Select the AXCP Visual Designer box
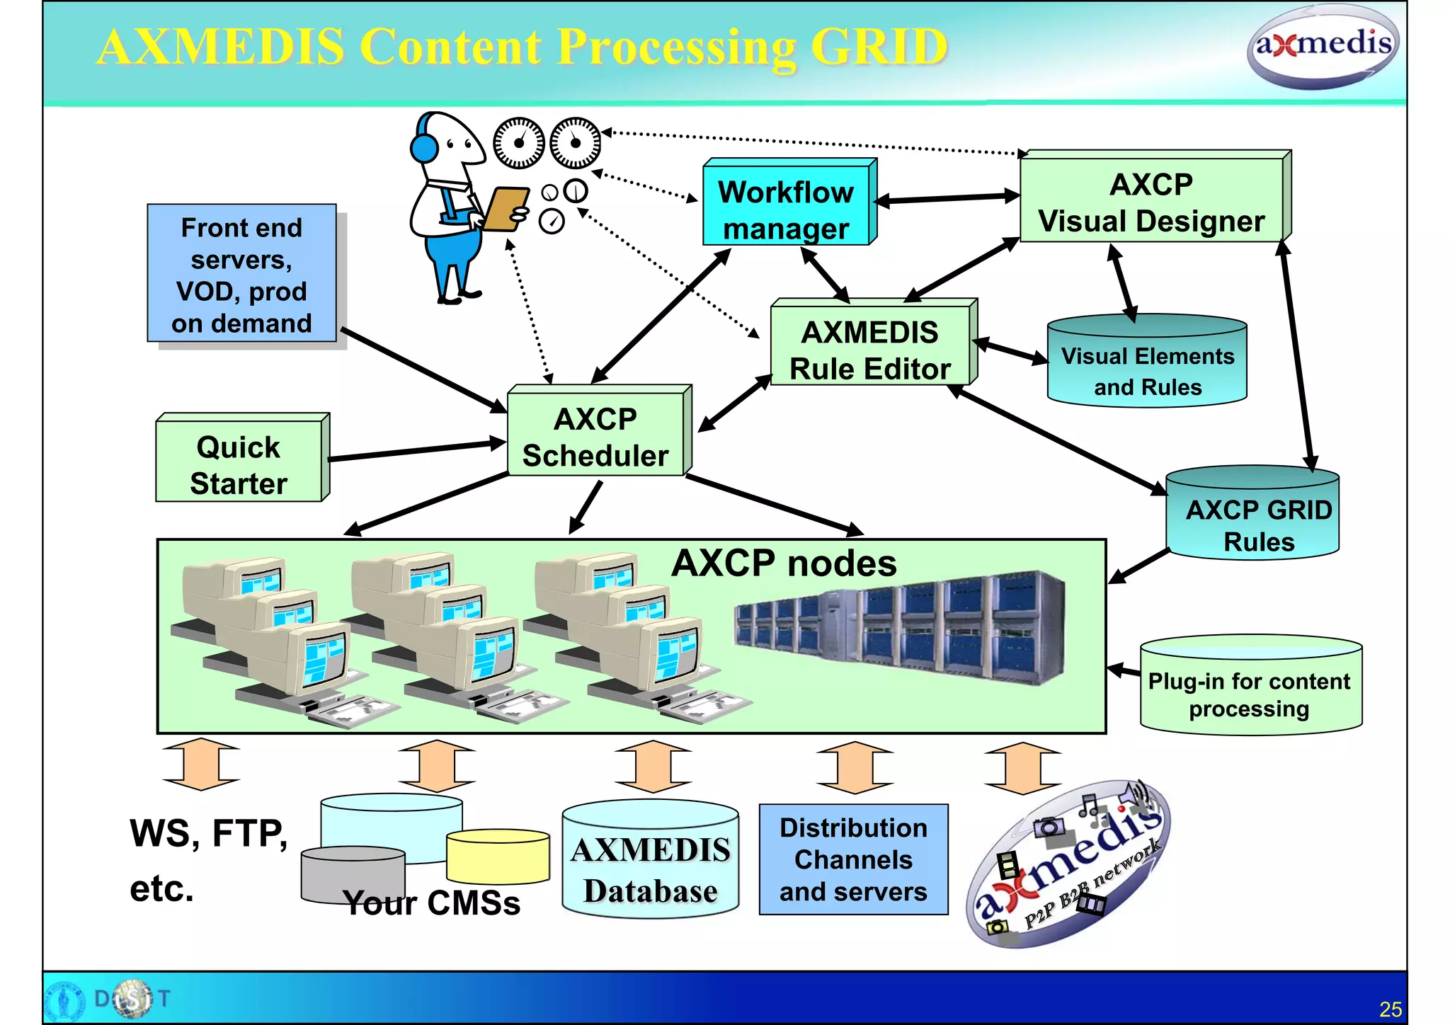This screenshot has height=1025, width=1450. (x=1151, y=202)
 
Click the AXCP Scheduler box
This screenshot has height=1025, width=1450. (x=595, y=435)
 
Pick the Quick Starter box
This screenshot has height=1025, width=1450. (x=239, y=463)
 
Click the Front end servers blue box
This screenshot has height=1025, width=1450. (x=241, y=274)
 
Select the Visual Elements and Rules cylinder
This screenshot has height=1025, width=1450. (x=1147, y=365)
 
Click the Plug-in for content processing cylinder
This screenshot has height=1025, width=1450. (x=1250, y=690)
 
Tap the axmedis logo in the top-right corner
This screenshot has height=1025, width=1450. (x=1323, y=47)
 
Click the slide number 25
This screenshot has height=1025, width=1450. (x=1390, y=1009)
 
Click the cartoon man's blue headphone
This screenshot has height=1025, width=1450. (x=423, y=147)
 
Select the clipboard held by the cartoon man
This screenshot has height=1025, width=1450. (x=505, y=209)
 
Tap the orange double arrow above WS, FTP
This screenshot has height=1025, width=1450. (x=201, y=764)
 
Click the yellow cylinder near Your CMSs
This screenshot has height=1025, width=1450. (x=498, y=857)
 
